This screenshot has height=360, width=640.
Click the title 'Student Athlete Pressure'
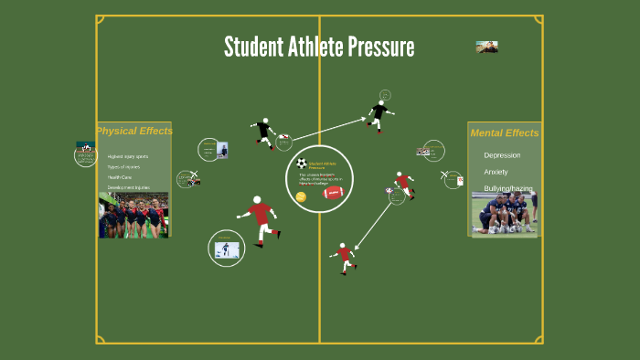point(319,47)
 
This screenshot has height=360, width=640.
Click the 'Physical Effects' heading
point(134,131)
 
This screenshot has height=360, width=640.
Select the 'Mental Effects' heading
point(504,133)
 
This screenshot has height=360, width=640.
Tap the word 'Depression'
point(502,155)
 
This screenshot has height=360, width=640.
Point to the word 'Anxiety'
point(496,172)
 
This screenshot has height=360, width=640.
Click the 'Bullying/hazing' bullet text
point(507,188)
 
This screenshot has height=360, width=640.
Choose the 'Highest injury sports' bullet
point(127,156)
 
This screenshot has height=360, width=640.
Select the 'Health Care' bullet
point(120,177)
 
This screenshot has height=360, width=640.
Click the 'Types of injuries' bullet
point(123,167)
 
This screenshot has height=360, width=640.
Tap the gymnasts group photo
point(133,215)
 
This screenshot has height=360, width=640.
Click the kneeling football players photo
point(504,213)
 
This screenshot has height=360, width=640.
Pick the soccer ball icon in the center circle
point(302,164)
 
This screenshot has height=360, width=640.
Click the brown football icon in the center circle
point(333,193)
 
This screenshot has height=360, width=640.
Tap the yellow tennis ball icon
point(301,196)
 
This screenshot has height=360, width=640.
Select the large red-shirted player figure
point(261,219)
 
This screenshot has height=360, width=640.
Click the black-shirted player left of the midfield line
point(264,132)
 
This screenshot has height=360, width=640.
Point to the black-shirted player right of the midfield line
point(379,115)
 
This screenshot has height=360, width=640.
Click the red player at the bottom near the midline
point(344,256)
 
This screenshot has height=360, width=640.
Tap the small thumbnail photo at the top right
point(486,47)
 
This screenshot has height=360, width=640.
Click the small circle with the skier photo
point(226,249)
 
